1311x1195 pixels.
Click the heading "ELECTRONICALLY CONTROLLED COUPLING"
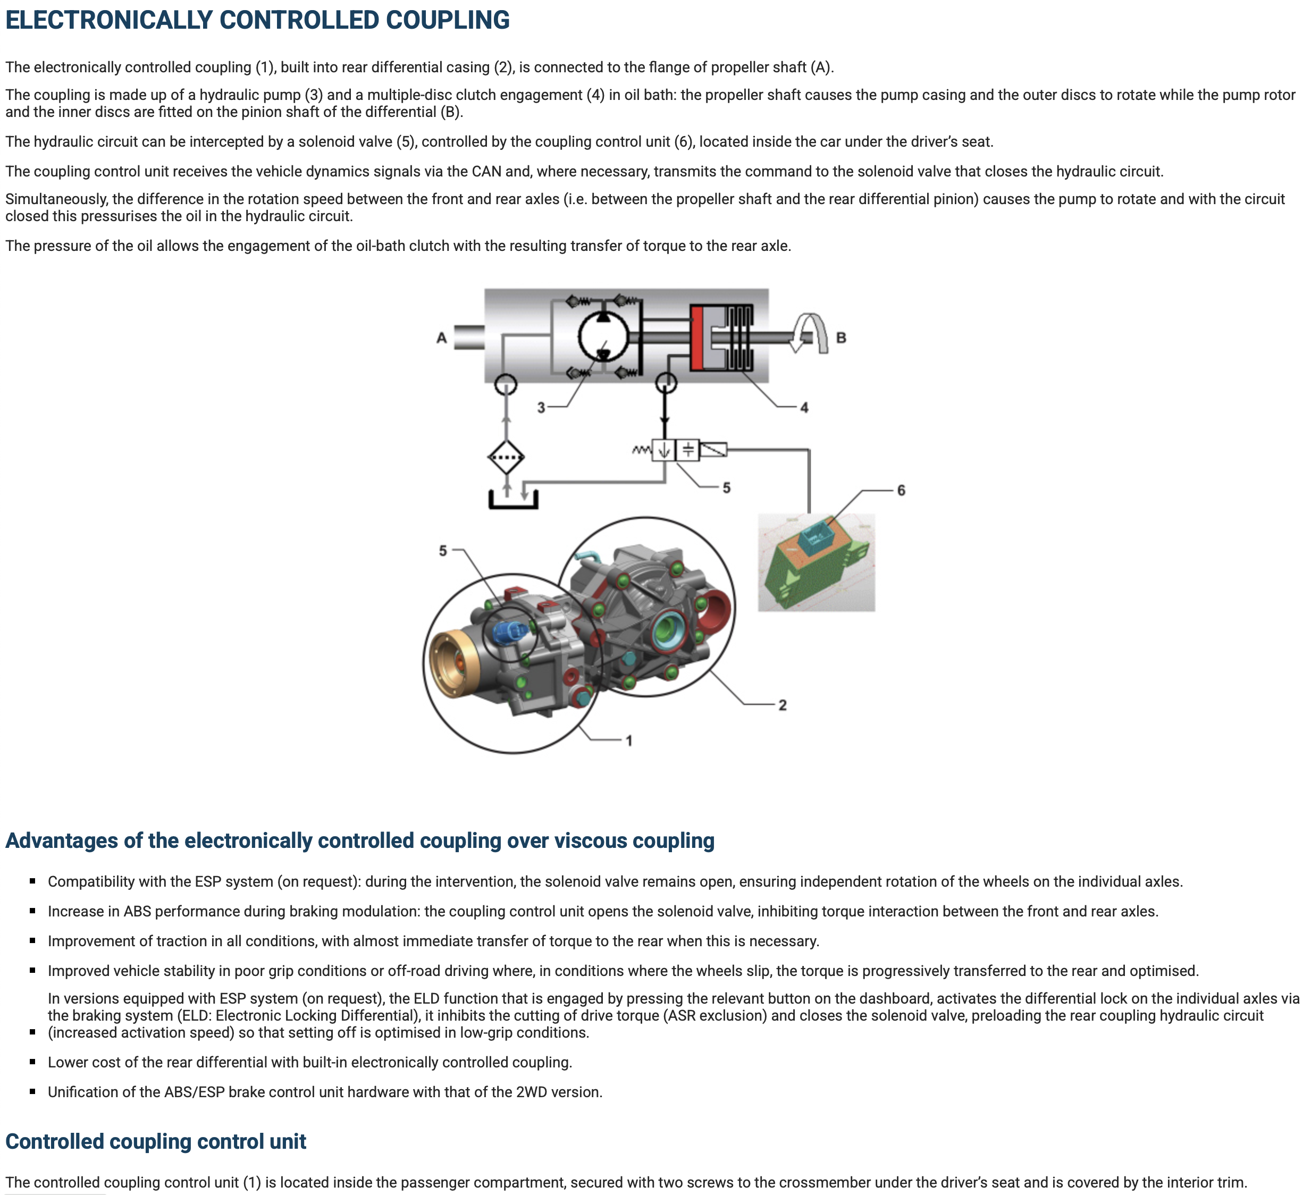(257, 20)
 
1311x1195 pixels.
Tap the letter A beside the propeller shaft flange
(442, 338)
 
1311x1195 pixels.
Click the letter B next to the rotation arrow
(841, 338)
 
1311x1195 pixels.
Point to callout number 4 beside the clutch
(804, 408)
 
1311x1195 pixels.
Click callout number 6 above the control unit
(901, 490)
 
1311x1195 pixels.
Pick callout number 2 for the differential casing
(783, 705)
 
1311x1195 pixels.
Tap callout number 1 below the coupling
(629, 740)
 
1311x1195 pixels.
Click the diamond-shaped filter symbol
(506, 457)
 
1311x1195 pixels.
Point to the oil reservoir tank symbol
(513, 501)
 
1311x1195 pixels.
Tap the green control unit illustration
(816, 563)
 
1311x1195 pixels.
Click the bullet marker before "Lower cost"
(32, 1062)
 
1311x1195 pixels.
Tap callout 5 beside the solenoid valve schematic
(726, 487)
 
